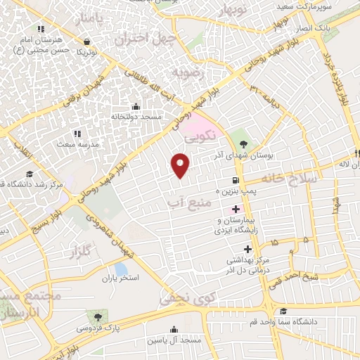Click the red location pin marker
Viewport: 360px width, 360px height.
[181, 165]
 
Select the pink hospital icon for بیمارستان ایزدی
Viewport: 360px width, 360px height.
[236, 209]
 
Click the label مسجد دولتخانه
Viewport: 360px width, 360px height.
[138, 115]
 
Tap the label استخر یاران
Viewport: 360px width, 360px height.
[120, 278]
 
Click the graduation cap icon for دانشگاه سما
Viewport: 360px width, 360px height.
[283, 311]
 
